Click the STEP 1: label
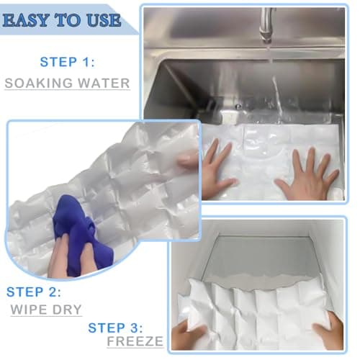tap(68, 62)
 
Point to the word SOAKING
tap(37, 83)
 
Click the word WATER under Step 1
tap(102, 83)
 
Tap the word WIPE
tap(29, 310)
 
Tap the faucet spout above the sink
tap(267, 22)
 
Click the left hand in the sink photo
tap(216, 170)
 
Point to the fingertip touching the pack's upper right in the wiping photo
tap(189, 160)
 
